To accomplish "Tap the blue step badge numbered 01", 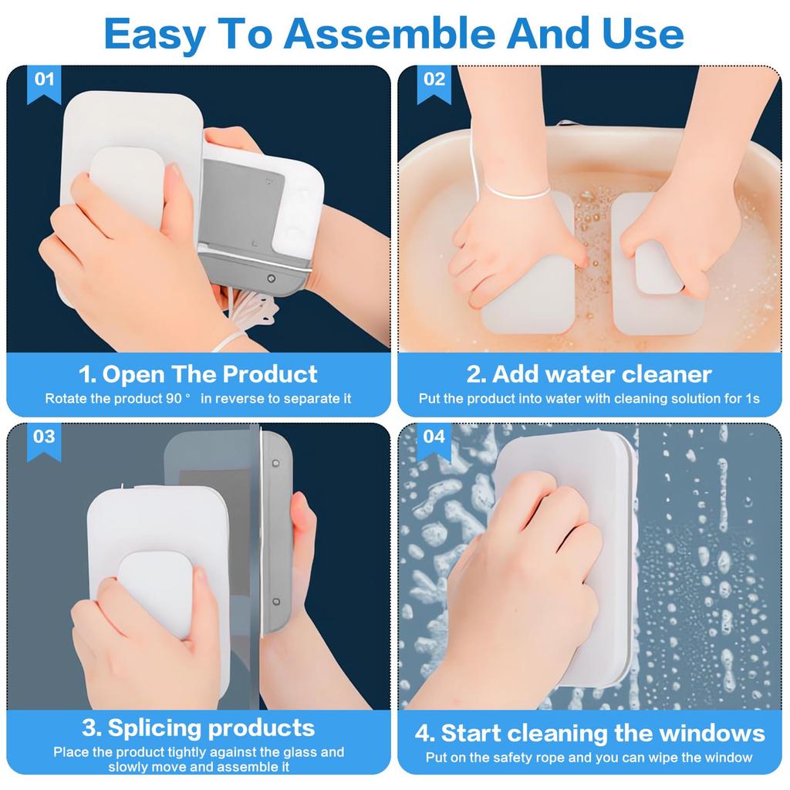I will pos(44,80).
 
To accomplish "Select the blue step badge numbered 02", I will pos(434,80).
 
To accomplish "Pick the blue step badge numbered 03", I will pos(44,437).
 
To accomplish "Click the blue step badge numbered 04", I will pos(434,437).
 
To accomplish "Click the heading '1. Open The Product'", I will pos(198,374).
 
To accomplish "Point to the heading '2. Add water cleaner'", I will pos(589,374).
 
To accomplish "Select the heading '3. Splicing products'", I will pos(198,728).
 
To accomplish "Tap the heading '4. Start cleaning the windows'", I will pos(589,732).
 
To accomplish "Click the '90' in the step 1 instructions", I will pos(173,399).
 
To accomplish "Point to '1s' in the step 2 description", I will pos(752,399).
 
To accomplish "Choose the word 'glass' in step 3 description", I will pos(302,751).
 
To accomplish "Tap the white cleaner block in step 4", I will pos(586,494).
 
